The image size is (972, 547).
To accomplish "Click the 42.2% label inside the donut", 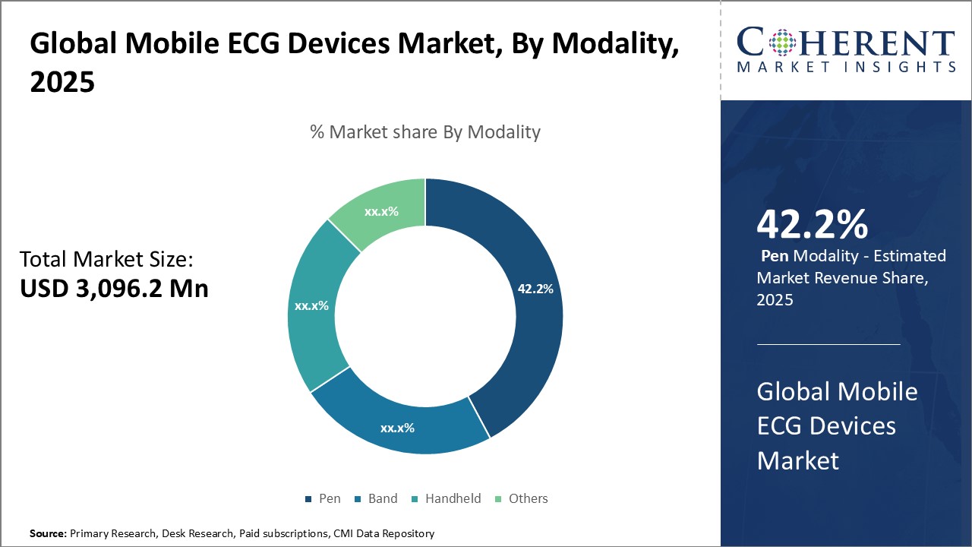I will pyautogui.click(x=535, y=289).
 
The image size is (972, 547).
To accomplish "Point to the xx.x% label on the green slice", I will pyautogui.click(x=381, y=211).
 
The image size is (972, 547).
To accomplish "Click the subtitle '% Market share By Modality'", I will pyautogui.click(x=425, y=132).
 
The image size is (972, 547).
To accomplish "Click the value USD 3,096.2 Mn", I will pyautogui.click(x=114, y=289).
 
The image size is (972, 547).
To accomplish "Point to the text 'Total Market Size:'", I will pyautogui.click(x=107, y=260).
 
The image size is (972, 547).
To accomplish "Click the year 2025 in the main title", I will pyautogui.click(x=62, y=82).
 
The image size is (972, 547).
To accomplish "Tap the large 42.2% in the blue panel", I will pyautogui.click(x=812, y=225).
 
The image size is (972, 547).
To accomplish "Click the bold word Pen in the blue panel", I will pyautogui.click(x=775, y=256).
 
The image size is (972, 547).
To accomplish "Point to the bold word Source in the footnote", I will pyautogui.click(x=48, y=534).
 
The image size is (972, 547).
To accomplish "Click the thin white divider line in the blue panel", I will pyautogui.click(x=828, y=344).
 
